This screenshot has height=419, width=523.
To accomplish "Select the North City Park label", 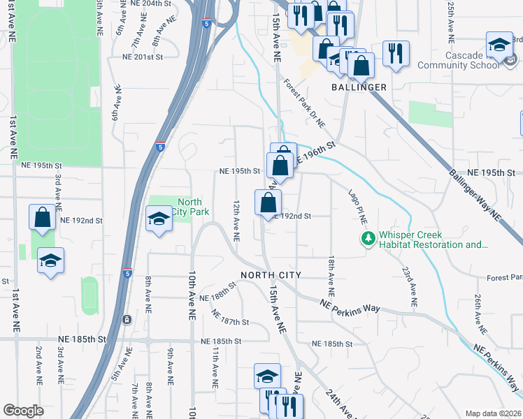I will (189, 207).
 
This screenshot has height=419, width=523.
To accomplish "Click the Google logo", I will (23, 411).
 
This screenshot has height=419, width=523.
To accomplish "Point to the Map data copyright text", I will (494, 413).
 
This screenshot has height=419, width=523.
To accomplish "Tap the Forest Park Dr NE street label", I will (304, 103).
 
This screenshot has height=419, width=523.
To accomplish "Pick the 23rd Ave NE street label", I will (409, 287).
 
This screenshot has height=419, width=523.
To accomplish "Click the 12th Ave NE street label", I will (236, 221).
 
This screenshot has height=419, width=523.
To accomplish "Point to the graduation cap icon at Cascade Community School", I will (499, 47).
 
